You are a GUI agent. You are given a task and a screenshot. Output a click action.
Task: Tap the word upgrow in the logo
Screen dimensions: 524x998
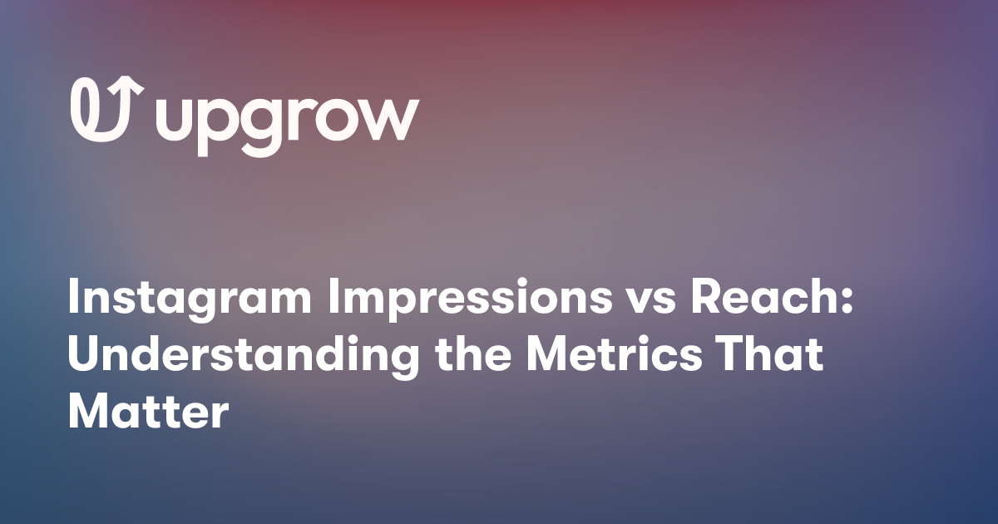[286, 121]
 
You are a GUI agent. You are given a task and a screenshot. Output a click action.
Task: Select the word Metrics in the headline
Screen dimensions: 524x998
[620, 356]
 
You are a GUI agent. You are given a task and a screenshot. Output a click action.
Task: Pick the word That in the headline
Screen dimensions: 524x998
[774, 356]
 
